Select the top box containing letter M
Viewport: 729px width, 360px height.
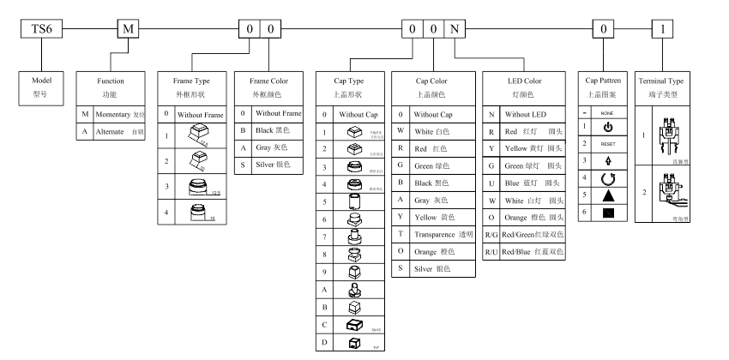[x=127, y=29]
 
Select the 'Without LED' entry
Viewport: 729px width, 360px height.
[x=523, y=114]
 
